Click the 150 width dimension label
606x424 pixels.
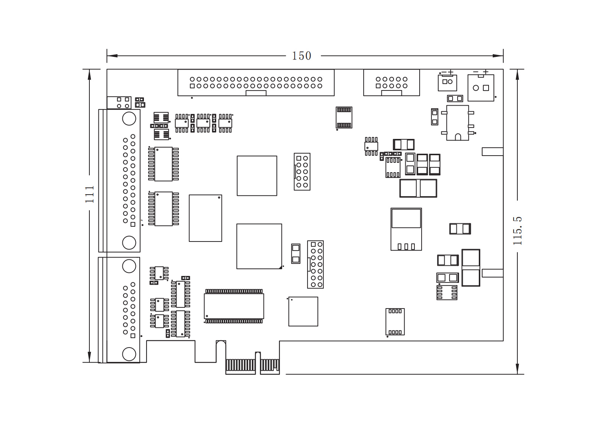[x=301, y=56]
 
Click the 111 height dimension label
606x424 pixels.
[x=89, y=194]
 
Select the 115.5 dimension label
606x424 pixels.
[x=517, y=231]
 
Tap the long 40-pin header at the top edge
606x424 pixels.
[x=256, y=83]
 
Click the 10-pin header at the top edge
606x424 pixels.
[x=391, y=83]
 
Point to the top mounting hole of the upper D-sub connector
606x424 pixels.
[x=129, y=119]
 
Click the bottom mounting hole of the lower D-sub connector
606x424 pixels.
[x=129, y=354]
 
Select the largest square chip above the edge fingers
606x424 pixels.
[x=259, y=246]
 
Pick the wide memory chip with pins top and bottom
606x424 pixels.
[x=234, y=306]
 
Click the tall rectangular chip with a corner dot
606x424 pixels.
[x=205, y=218]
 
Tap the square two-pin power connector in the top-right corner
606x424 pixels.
[x=481, y=88]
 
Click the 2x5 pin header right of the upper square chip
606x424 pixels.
[x=302, y=171]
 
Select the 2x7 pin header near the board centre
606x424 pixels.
[x=315, y=264]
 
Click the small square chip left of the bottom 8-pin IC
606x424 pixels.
[x=303, y=311]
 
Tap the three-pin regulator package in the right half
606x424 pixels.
[x=406, y=229]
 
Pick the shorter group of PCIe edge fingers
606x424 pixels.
[x=270, y=365]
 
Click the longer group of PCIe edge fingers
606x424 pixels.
[x=241, y=365]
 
